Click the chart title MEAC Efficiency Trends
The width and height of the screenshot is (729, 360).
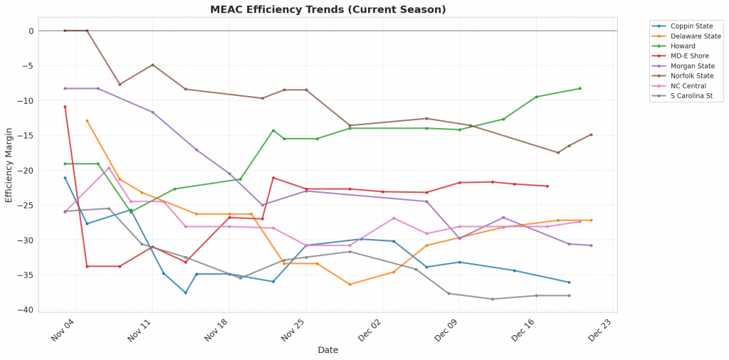[x=327, y=9]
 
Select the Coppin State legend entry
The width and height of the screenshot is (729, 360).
[x=691, y=26]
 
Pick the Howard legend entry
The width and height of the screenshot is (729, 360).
[x=683, y=46]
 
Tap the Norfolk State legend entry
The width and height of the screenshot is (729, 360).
[x=691, y=75]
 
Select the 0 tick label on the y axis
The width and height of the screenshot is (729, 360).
[x=31, y=31]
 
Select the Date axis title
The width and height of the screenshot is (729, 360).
[x=327, y=350]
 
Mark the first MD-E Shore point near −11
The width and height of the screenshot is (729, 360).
[x=65, y=107]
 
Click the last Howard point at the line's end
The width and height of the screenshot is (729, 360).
[x=580, y=88]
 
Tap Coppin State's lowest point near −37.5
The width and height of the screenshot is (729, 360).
[x=186, y=292]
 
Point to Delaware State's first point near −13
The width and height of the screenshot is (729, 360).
[x=87, y=121]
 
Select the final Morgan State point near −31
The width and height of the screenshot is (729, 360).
[x=591, y=245]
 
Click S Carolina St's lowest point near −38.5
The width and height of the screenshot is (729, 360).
[x=493, y=299]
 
